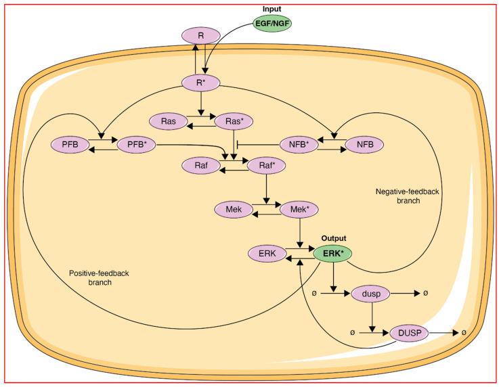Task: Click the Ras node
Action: pos(169,122)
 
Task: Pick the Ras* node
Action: pos(234,122)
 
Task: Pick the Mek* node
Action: pos(299,210)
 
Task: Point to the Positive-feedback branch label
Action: pos(100,278)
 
